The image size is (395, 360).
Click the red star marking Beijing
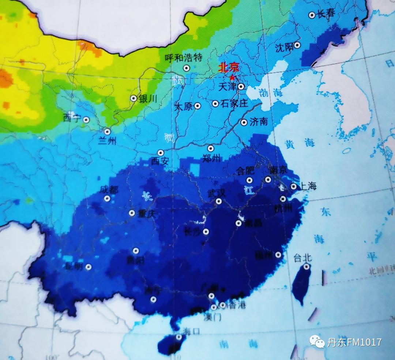point(232,77)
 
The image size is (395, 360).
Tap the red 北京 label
point(229,68)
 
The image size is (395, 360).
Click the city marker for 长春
point(312,15)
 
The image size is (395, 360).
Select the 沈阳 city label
point(284,47)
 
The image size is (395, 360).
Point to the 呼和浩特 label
point(184,58)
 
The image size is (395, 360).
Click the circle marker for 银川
point(133,98)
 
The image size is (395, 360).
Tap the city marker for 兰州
point(107,132)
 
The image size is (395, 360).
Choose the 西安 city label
point(160,161)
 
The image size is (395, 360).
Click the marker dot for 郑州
point(211,148)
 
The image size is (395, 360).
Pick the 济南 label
point(259,122)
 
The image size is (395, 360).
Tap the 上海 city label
point(308,186)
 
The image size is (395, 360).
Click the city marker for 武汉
point(219,201)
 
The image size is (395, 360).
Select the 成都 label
point(109,190)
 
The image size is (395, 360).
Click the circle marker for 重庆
point(132,213)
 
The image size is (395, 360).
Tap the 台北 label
point(302,258)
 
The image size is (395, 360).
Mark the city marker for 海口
point(178,337)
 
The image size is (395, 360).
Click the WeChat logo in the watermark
point(317,342)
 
